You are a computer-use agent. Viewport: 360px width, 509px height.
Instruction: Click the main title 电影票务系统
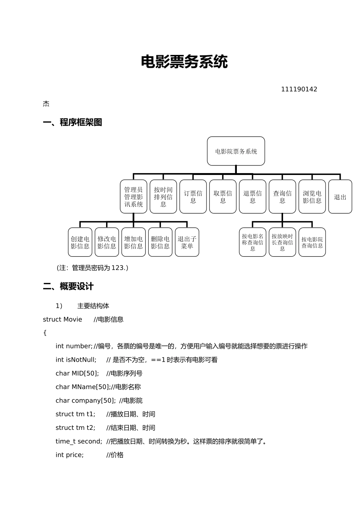pos(184,62)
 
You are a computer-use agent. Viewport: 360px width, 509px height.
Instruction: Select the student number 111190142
pos(299,89)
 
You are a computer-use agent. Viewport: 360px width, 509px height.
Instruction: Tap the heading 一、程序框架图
pos(72,122)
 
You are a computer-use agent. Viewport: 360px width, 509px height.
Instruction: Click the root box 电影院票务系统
pos(236,151)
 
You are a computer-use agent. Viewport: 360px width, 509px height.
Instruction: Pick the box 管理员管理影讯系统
pos(133,197)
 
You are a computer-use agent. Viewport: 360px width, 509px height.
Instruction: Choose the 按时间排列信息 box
pos(163,197)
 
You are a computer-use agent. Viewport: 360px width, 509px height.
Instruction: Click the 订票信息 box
pos(193,197)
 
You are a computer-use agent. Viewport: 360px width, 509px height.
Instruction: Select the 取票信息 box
pos(223,197)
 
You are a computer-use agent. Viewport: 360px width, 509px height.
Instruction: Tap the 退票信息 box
pos(252,197)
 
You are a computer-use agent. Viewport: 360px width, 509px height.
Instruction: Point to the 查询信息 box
pos(282,197)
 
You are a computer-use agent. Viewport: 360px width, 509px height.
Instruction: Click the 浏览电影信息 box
pos(312,197)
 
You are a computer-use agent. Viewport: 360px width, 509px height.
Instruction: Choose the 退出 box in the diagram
pos(340,197)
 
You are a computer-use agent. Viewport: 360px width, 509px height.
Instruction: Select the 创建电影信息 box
pos(80,242)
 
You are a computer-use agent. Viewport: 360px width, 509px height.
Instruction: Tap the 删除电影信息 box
pos(160,242)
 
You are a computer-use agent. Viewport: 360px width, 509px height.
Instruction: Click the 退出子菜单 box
pos(187,242)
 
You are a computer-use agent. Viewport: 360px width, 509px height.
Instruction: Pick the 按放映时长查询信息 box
pos(282,242)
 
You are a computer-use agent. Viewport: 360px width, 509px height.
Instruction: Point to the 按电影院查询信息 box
pos(312,242)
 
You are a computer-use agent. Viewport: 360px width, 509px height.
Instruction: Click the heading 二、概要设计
pos(68,286)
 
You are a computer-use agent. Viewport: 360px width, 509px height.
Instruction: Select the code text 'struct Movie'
pos(63,319)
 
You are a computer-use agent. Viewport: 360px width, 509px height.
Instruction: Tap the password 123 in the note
pos(118,268)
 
